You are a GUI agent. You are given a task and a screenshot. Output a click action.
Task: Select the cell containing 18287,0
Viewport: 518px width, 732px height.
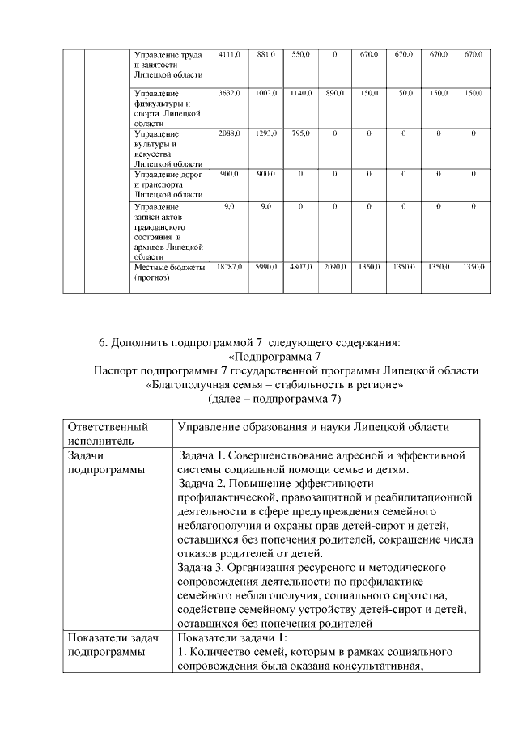pos(229,266)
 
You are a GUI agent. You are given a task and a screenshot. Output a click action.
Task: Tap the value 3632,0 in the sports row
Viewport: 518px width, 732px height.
pos(229,94)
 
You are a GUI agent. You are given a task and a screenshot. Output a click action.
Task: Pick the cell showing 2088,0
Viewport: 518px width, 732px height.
pos(229,133)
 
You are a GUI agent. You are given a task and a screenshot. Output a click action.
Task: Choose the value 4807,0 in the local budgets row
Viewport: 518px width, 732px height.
pos(301,266)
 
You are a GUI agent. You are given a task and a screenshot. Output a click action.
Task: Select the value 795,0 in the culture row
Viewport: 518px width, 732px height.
pos(301,133)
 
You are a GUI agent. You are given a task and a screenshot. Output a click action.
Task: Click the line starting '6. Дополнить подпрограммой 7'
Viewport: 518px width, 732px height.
pos(250,342)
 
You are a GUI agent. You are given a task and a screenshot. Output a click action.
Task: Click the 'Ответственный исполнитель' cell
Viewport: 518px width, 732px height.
pos(108,434)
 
